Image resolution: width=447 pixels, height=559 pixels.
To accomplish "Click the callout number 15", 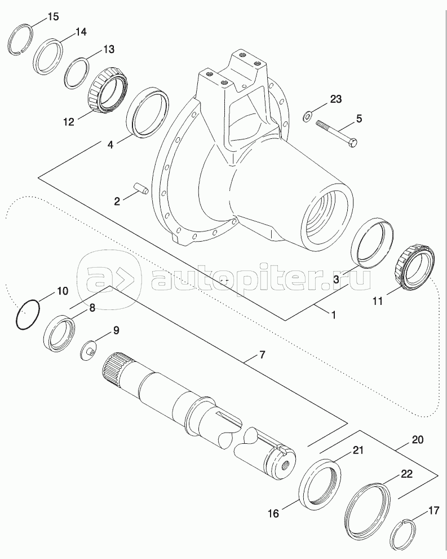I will [x=52, y=16].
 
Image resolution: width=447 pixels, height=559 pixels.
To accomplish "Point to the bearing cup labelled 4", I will [x=150, y=111].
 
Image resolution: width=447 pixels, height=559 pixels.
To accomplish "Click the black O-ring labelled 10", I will [x=27, y=314].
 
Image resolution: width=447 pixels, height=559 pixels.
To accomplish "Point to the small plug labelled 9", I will [x=88, y=352].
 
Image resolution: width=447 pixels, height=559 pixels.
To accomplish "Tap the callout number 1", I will [x=333, y=315].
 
